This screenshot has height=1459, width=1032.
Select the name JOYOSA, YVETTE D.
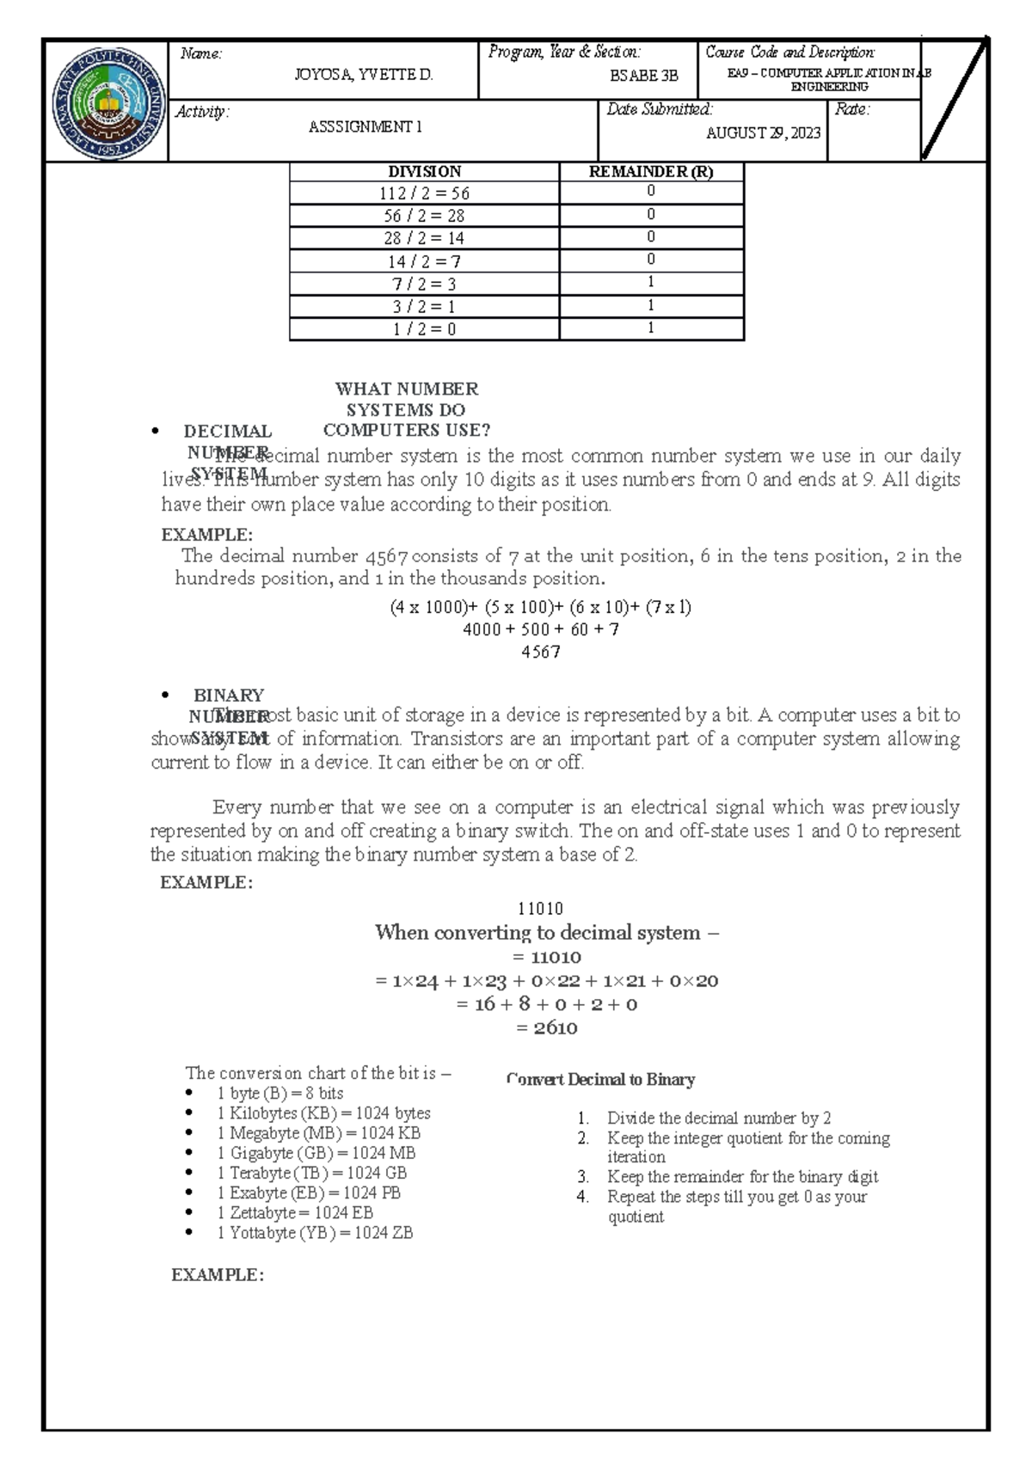tap(363, 75)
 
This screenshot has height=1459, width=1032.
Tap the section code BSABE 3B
tap(644, 76)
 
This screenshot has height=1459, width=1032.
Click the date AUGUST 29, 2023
tap(763, 132)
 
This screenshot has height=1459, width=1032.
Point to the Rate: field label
tap(852, 109)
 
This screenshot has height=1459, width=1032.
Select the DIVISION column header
tap(424, 171)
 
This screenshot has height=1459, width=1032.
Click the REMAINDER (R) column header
tap(651, 171)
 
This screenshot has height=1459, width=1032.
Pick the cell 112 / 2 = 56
tap(424, 193)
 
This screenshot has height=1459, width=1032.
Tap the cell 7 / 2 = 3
tap(424, 284)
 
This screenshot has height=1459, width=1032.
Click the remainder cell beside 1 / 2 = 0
tap(651, 328)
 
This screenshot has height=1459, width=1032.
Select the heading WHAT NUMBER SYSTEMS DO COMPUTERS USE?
tap(406, 409)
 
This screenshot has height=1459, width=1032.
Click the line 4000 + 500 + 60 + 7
tap(540, 629)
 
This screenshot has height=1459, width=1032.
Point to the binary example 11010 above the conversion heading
tap(540, 908)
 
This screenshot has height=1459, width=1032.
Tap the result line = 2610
tap(546, 1027)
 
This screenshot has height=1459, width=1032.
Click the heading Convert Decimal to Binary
tap(601, 1079)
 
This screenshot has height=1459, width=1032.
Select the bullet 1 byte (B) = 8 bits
tap(279, 1093)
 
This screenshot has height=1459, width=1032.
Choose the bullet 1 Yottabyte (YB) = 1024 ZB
tap(315, 1232)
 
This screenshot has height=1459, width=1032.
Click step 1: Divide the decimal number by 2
tap(718, 1118)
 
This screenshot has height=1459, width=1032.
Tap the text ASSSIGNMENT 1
tap(365, 126)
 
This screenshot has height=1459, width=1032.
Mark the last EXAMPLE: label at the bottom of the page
tap(217, 1274)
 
